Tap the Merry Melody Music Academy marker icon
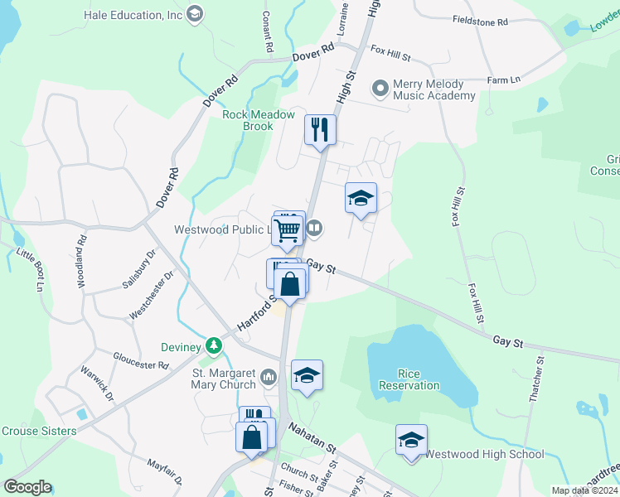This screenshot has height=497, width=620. click(x=380, y=86)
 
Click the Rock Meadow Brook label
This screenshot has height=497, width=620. click(x=259, y=120)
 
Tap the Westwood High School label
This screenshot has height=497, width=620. click(x=485, y=454)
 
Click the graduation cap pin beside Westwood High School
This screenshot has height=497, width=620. click(x=411, y=441)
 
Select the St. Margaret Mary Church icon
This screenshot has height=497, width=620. click(x=268, y=379)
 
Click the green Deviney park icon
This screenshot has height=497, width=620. click(x=214, y=344)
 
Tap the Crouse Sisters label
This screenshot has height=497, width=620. click(x=39, y=431)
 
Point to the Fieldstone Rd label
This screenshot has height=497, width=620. click(x=480, y=22)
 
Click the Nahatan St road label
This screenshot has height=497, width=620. click(x=312, y=437)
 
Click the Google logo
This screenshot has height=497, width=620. click(x=27, y=487)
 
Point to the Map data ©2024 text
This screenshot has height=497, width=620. click(x=584, y=490)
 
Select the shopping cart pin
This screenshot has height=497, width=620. click(x=286, y=232)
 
